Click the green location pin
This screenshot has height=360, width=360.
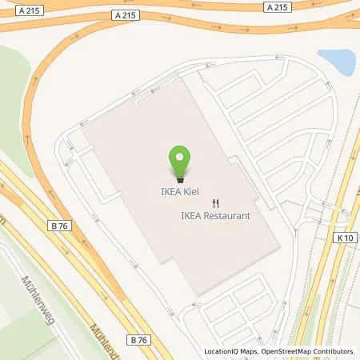pos(180,162)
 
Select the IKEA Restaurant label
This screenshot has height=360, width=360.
pos(215,216)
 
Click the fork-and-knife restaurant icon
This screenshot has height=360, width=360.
pos(214,203)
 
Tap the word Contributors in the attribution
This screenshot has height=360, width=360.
pos(336,351)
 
